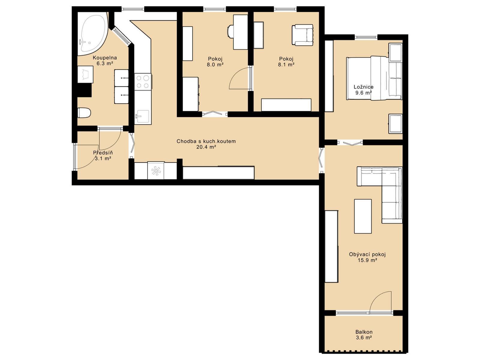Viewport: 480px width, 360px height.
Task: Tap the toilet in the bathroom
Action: (84, 112)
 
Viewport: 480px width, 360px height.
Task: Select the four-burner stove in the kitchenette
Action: (143, 82)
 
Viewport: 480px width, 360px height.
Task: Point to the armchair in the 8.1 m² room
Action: (302, 35)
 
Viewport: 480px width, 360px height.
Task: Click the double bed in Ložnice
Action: (374, 78)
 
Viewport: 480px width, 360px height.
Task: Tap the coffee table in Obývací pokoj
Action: (363, 216)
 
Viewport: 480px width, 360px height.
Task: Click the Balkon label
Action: (364, 332)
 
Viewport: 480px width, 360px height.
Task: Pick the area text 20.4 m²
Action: (206, 147)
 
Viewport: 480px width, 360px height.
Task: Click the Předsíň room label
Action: (103, 152)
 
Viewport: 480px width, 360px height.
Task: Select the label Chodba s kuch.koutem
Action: (206, 141)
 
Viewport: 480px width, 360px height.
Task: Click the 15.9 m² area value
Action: (367, 260)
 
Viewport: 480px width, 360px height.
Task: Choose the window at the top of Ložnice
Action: (366, 37)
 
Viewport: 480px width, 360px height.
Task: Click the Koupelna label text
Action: (105, 58)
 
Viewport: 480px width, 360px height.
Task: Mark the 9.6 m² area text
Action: (364, 92)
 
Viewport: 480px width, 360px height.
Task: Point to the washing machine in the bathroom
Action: (85, 74)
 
